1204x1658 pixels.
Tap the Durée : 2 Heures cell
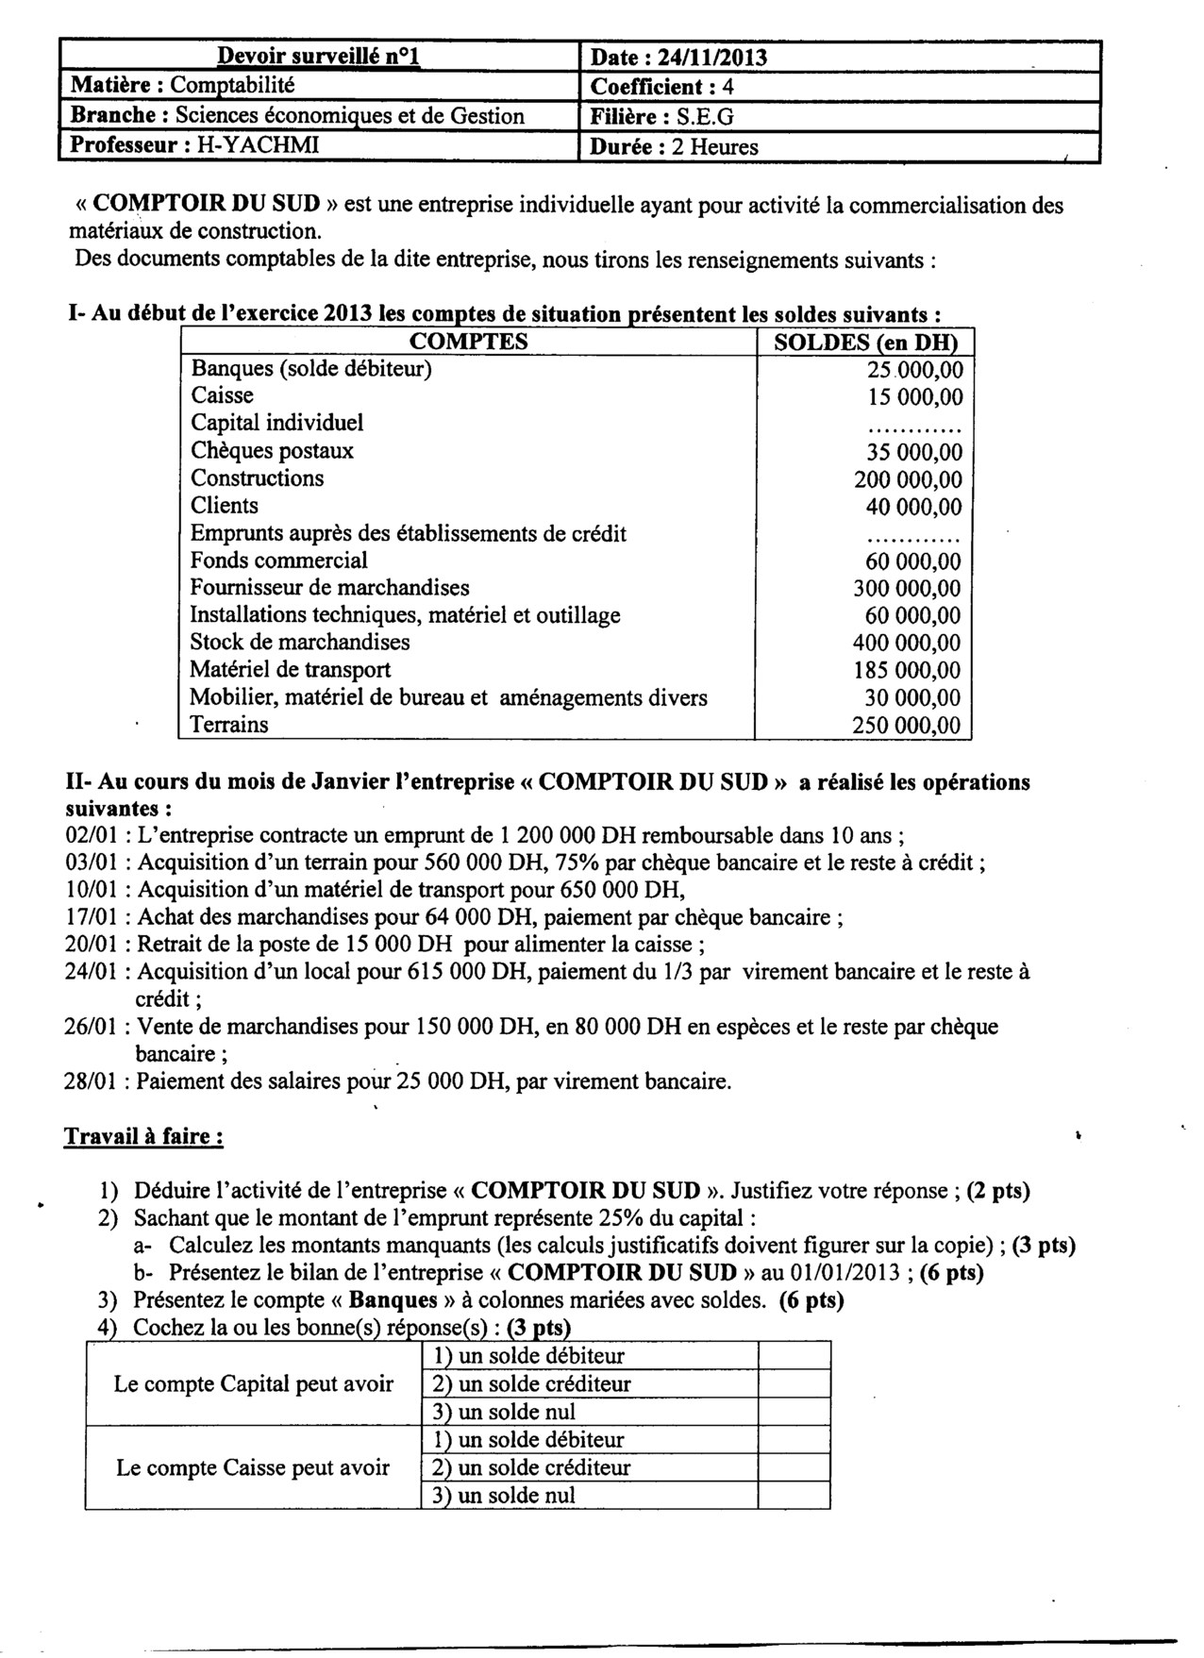tap(674, 147)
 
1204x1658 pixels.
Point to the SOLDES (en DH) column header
tap(865, 343)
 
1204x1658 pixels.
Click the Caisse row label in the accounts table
tap(222, 395)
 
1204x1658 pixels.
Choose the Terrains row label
tap(229, 725)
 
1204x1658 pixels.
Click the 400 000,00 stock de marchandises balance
tap(908, 644)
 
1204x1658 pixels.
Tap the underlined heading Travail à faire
tap(143, 1136)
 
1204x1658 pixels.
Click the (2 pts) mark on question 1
tap(998, 1191)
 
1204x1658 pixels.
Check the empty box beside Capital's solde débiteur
tap(794, 1356)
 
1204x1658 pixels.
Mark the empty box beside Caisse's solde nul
tap(794, 1495)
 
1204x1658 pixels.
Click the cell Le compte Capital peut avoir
tap(254, 1384)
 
